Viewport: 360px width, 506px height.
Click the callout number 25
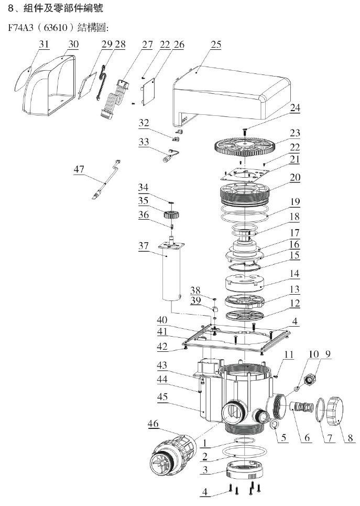(216, 45)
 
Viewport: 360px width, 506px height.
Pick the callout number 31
(43, 45)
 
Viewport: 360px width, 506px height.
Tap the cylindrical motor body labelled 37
(171, 275)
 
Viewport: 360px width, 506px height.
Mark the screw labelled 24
(244, 127)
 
